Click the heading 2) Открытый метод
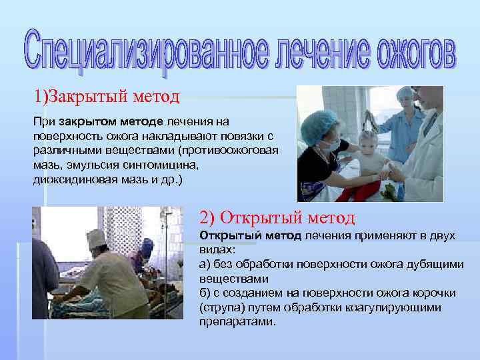[x=277, y=218]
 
